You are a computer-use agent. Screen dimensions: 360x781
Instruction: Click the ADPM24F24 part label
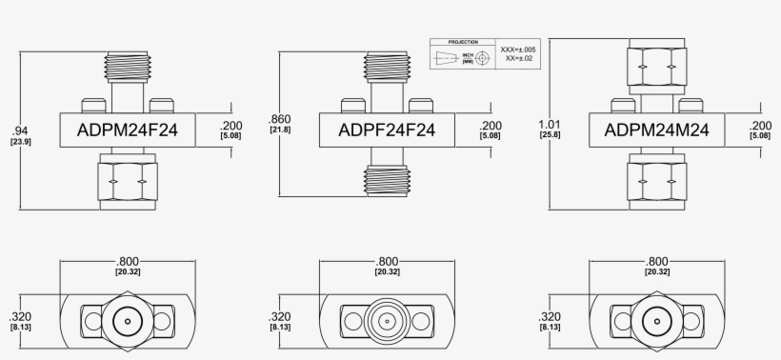[128, 129]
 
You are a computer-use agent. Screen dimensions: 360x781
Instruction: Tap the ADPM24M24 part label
[656, 129]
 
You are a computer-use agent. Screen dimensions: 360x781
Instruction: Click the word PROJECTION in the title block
[463, 43]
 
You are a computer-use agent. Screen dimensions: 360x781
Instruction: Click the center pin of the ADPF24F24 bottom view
[388, 321]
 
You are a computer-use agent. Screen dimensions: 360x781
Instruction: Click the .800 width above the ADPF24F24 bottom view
[388, 261]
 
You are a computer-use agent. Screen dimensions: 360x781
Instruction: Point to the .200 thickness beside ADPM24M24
[761, 126]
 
